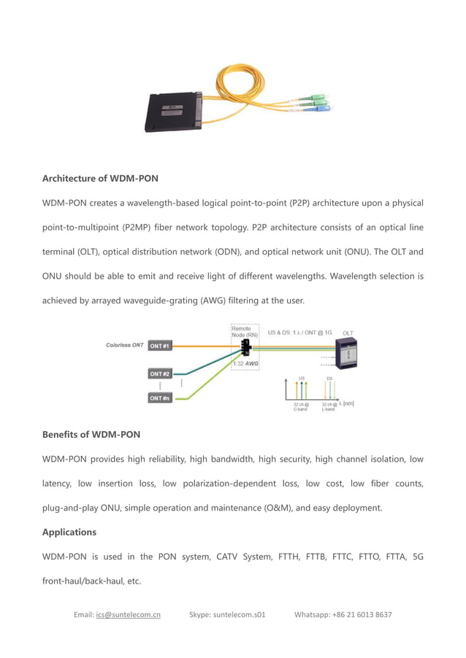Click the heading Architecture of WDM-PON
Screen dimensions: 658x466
[100, 178]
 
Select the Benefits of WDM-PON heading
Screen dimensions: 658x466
[91, 435]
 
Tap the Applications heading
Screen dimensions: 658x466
[69, 533]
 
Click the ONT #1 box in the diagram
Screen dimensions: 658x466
[160, 345]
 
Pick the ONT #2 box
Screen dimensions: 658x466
[160, 373]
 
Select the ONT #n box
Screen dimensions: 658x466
[160, 398]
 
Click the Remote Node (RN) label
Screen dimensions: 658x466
[245, 333]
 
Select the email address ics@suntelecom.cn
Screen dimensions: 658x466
[128, 615]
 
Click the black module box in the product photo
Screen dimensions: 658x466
[173, 110]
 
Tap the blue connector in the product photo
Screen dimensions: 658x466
[323, 108]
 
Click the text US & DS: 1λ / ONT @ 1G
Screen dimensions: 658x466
[299, 333]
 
